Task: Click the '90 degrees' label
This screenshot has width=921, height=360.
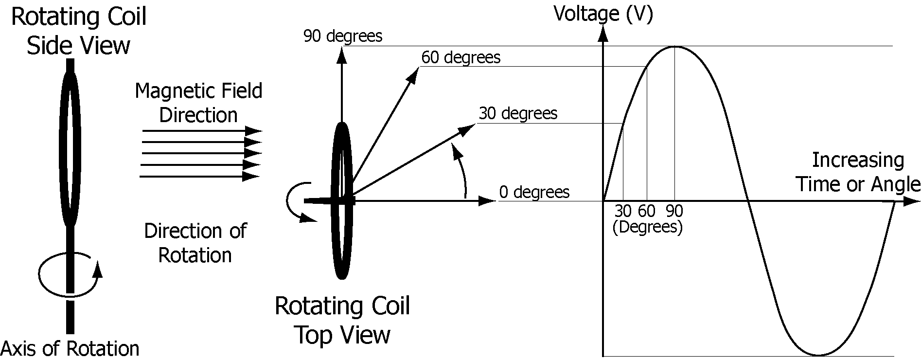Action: (342, 36)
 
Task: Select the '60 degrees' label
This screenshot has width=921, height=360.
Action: (460, 58)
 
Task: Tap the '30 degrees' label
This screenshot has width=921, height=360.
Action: (518, 114)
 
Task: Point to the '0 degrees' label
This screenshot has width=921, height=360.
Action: (534, 192)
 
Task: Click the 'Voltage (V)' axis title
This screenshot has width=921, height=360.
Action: (603, 14)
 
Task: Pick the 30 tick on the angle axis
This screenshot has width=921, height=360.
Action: (623, 211)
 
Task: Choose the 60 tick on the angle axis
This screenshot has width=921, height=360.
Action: (647, 211)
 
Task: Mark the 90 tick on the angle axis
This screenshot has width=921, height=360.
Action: (674, 211)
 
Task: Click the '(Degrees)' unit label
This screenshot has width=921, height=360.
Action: (647, 227)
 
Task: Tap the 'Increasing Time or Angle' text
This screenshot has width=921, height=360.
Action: (858, 172)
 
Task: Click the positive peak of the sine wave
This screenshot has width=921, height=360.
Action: (674, 47)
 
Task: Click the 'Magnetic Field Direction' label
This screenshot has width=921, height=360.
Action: (198, 103)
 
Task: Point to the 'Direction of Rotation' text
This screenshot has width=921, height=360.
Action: (195, 243)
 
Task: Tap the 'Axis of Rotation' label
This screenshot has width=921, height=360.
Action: (70, 349)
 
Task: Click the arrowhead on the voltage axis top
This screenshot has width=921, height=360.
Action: (603, 33)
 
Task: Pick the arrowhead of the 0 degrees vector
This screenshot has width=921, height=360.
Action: (487, 201)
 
